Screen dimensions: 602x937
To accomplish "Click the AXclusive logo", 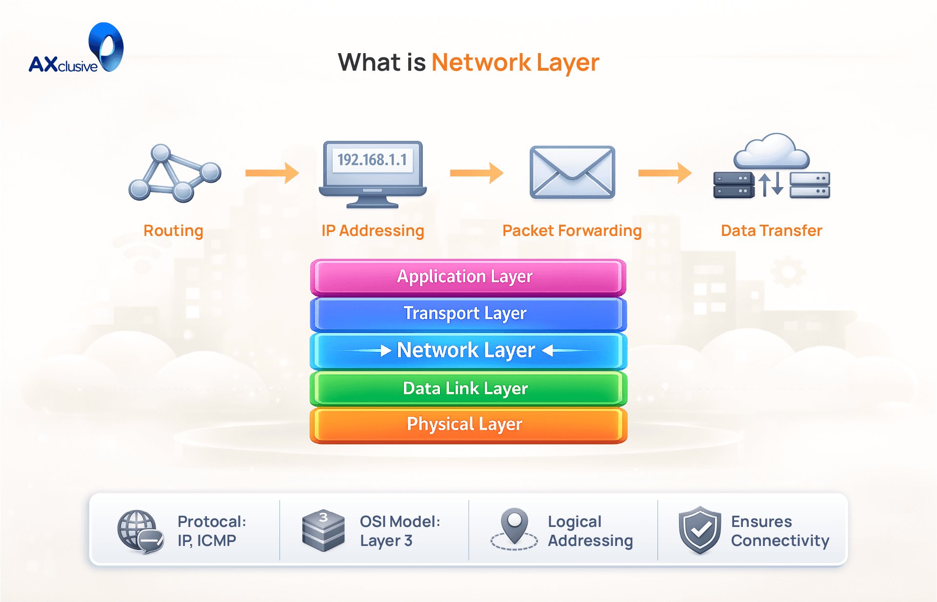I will (76, 49).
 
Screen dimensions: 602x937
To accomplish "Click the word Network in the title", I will (481, 63).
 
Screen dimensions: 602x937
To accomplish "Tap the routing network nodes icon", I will (174, 173).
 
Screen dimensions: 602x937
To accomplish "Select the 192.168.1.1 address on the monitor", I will (372, 160).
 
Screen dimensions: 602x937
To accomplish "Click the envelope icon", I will (572, 172).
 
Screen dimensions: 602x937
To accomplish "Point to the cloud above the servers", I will (772, 151).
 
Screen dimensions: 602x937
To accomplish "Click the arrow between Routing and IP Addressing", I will (272, 173).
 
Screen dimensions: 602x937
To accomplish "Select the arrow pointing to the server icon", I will (664, 173).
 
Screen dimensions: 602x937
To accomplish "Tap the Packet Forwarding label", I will (572, 231).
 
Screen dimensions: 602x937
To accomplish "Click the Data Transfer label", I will (771, 231).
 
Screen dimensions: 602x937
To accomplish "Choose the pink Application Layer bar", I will (468, 277).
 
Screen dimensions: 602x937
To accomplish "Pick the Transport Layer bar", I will (468, 313).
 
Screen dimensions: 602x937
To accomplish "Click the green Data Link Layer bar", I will (468, 388).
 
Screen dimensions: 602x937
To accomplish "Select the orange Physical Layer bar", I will (468, 425).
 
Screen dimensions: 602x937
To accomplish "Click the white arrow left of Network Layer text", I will (385, 350).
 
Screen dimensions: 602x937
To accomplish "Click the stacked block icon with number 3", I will (323, 531).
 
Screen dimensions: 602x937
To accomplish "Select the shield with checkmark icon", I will (699, 530).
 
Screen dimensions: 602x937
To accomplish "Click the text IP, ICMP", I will (207, 541).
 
